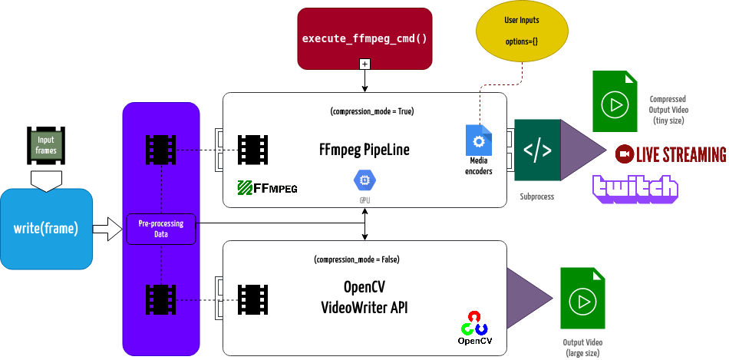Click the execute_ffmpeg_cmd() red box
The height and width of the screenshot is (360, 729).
click(364, 38)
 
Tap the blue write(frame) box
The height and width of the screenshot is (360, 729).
click(46, 228)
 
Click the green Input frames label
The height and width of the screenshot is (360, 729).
click(46, 144)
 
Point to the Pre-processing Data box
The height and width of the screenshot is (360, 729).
click(160, 229)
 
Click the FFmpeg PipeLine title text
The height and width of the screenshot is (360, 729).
click(364, 149)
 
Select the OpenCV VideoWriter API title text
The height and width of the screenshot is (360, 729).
click(364, 298)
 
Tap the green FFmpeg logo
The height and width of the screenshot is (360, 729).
click(266, 187)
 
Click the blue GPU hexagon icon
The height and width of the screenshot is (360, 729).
click(364, 180)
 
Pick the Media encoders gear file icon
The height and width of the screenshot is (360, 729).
click(479, 141)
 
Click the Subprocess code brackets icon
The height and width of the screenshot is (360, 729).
click(536, 150)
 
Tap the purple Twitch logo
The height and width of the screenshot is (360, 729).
click(635, 189)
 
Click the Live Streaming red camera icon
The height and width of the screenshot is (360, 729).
click(625, 154)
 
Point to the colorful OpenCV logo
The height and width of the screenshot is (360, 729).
click(474, 326)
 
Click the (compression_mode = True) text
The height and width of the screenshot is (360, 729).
click(372, 111)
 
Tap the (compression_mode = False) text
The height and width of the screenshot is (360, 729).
click(356, 259)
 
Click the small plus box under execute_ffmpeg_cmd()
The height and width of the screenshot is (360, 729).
click(364, 64)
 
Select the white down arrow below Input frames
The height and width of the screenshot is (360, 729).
click(46, 180)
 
